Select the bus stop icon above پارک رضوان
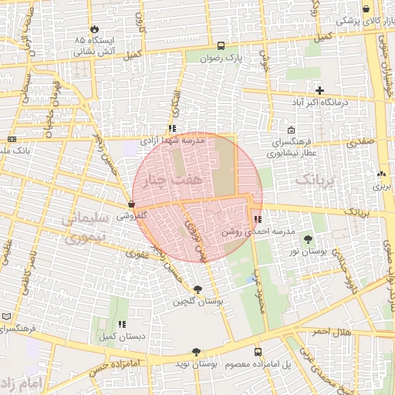tap(221, 46)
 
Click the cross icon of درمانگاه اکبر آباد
tap(319, 90)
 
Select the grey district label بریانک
tap(316, 180)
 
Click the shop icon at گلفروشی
tap(131, 204)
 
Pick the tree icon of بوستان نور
tap(309, 239)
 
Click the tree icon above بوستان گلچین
tap(199, 289)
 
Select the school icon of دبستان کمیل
tap(121, 325)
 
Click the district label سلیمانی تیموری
tap(82, 229)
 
